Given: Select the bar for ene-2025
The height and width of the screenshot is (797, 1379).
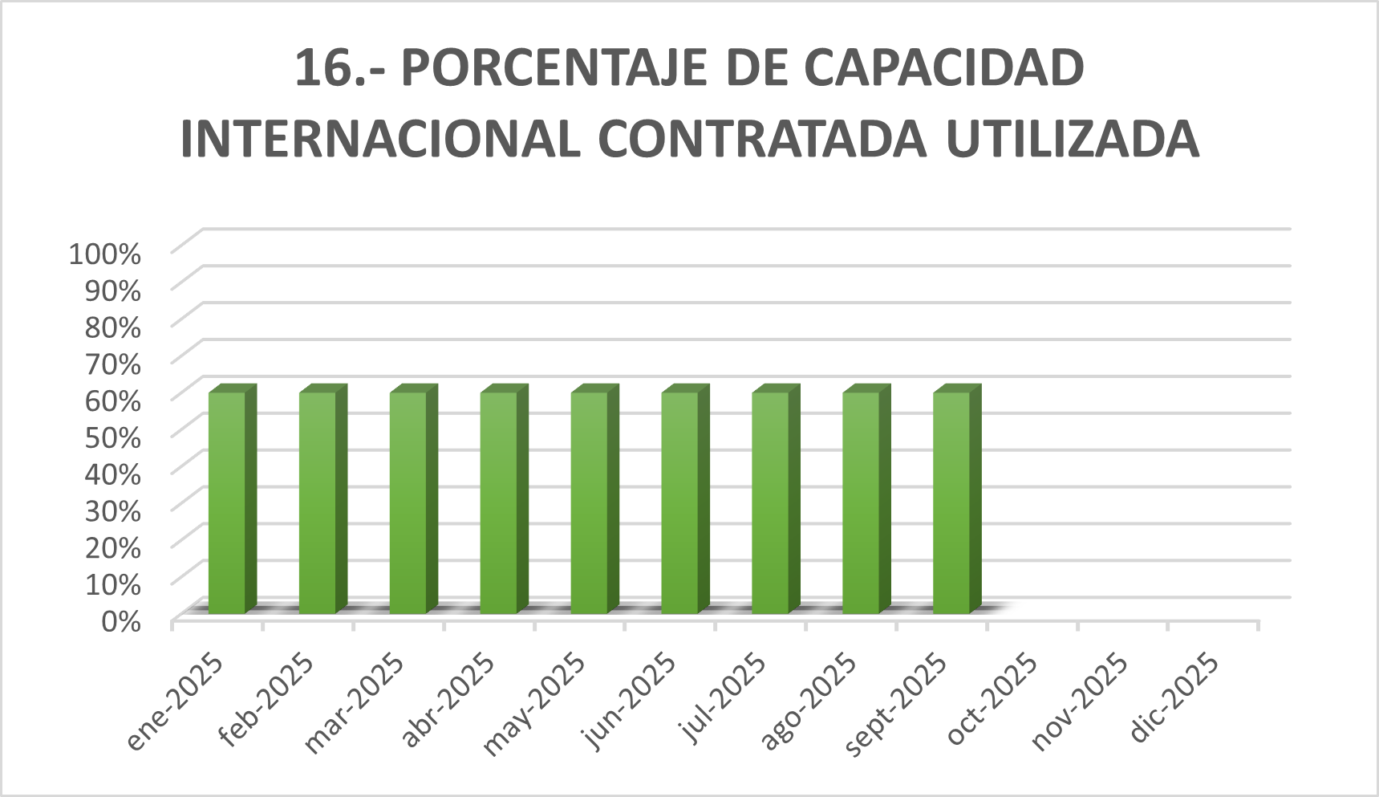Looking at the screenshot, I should (227, 502).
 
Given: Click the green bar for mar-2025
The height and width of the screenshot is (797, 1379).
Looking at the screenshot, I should (408, 502).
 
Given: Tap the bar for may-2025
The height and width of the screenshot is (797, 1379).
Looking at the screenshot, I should (590, 502).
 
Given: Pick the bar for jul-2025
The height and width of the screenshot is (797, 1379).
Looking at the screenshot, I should (770, 502).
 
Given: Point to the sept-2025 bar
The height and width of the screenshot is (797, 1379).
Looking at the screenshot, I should (951, 502).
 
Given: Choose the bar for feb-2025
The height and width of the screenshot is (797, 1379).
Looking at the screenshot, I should (318, 502).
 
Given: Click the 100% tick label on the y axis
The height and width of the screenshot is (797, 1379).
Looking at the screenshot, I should (105, 254).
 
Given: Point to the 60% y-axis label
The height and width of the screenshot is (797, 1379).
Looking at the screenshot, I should (112, 400).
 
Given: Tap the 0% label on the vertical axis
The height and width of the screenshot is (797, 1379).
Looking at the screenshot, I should (120, 620).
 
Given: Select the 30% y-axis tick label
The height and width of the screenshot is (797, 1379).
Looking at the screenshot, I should (112, 510).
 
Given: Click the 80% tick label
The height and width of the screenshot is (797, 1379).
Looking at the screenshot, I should (112, 327).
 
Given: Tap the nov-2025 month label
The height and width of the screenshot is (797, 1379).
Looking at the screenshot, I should (1081, 702).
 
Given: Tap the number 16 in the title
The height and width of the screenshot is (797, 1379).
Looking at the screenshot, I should (322, 67).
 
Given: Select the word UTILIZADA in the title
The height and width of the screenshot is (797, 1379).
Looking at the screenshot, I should (1073, 139).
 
